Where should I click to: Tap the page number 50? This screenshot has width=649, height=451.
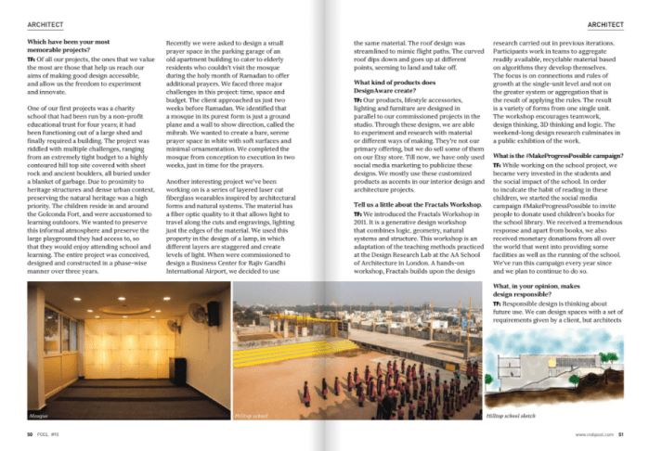point(30,432)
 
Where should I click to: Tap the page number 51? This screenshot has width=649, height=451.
point(622,432)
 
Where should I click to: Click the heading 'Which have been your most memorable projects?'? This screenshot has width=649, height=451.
point(72,47)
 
